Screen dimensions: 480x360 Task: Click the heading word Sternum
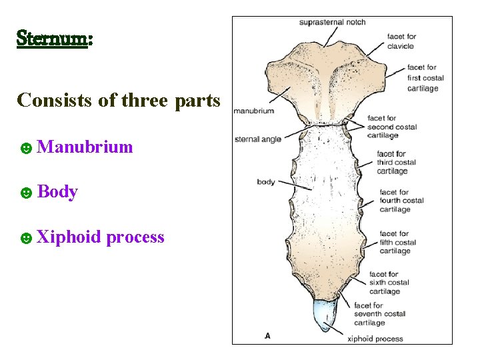pyautogui.click(x=53, y=37)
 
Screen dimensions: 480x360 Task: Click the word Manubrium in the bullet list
pyautogui.click(x=85, y=147)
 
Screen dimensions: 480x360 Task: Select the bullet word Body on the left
pyautogui.click(x=57, y=192)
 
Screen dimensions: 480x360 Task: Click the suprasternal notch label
pyautogui.click(x=332, y=22)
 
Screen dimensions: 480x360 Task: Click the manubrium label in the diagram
pyautogui.click(x=253, y=111)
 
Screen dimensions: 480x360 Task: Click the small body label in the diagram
pyautogui.click(x=265, y=182)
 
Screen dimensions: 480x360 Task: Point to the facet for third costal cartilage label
pyautogui.click(x=396, y=162)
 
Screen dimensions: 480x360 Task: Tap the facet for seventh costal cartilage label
pyautogui.click(x=379, y=314)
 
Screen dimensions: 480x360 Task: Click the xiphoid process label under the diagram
pyautogui.click(x=375, y=339)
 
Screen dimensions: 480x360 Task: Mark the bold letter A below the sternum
pyautogui.click(x=267, y=335)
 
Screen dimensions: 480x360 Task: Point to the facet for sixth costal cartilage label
pyautogui.click(x=389, y=283)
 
